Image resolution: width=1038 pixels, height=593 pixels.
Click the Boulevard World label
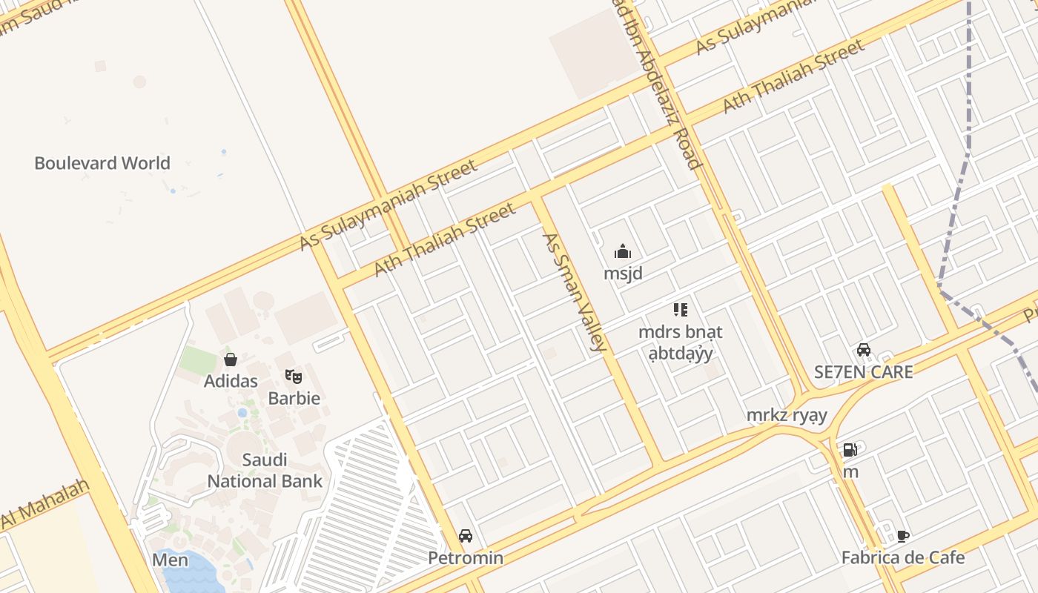[102, 163]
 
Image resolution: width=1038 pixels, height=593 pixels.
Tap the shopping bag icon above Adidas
[231, 360]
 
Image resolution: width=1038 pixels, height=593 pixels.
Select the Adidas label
[231, 381]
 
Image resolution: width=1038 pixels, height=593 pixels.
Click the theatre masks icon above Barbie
[294, 377]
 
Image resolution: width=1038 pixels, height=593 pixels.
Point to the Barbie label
[294, 398]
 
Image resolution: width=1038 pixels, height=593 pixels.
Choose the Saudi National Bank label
[265, 471]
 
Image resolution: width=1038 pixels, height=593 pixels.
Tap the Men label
[170, 560]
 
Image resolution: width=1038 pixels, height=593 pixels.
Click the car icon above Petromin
[466, 536]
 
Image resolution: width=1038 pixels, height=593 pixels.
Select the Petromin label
[466, 558]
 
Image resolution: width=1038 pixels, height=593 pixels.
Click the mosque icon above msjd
[623, 252]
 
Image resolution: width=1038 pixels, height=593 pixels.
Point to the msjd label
[623, 274]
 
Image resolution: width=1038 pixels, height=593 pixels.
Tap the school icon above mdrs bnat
[680, 310]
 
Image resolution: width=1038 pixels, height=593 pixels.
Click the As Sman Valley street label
[575, 292]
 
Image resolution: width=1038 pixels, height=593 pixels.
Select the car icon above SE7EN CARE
[864, 350]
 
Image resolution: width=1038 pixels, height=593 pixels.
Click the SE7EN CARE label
[864, 372]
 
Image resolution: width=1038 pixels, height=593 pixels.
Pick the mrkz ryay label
[787, 415]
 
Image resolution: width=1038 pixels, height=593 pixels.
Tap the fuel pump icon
[850, 450]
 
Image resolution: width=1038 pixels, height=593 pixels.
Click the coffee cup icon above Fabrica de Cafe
[903, 536]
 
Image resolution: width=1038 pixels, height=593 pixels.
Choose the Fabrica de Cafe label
[903, 557]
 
